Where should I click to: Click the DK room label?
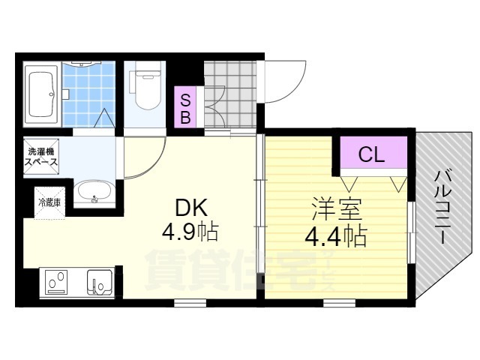click(191, 208)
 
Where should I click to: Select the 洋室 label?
click(337, 210)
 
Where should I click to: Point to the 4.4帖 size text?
click(335, 236)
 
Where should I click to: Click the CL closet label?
click(371, 154)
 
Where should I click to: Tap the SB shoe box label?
click(185, 107)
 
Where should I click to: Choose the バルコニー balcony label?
click(443, 208)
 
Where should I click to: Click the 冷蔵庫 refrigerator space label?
click(49, 202)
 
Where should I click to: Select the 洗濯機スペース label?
click(41, 157)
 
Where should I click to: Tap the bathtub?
click(42, 94)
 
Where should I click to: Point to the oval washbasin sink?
click(94, 192)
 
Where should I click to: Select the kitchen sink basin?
click(99, 282)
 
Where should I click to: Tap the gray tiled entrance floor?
click(230, 94)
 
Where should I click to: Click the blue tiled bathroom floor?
click(88, 94)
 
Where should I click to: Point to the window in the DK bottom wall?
click(190, 302)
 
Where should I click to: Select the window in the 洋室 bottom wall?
click(339, 302)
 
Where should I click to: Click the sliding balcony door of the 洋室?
click(412, 232)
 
